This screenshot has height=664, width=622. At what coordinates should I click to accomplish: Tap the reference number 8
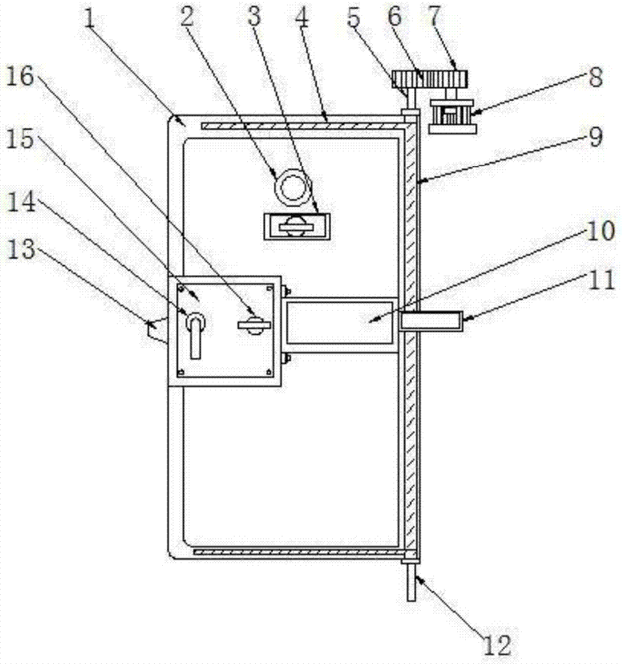point(595,78)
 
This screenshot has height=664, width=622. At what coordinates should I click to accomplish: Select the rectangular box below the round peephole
point(296,226)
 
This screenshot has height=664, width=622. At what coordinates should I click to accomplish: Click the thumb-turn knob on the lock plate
point(254,325)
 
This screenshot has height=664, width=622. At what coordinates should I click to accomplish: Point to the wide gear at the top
point(430,79)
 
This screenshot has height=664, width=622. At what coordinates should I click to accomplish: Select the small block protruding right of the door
point(431,321)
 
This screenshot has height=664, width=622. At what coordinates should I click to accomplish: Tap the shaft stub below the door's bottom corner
point(411,582)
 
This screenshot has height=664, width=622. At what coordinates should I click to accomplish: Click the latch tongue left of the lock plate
point(157,330)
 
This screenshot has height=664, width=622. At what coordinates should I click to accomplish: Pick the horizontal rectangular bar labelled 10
point(340,321)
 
